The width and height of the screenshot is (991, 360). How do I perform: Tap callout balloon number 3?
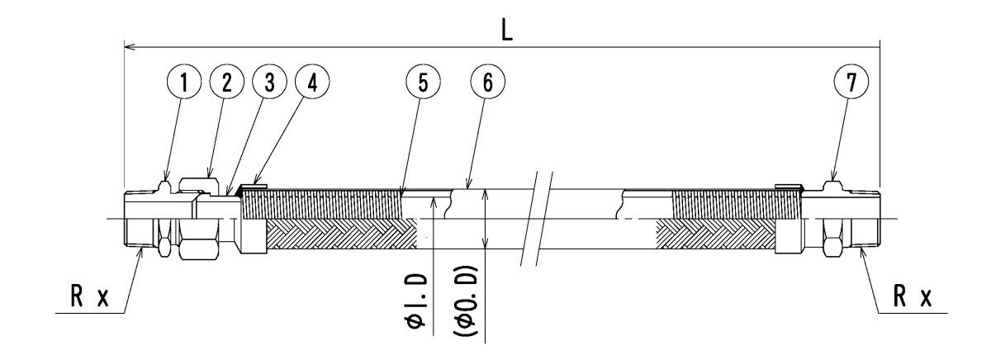click(269, 83)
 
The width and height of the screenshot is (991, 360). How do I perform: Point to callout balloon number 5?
click(422, 83)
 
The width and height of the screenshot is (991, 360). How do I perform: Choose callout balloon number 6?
click(486, 83)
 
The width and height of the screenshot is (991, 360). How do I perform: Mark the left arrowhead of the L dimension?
click(128, 48)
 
